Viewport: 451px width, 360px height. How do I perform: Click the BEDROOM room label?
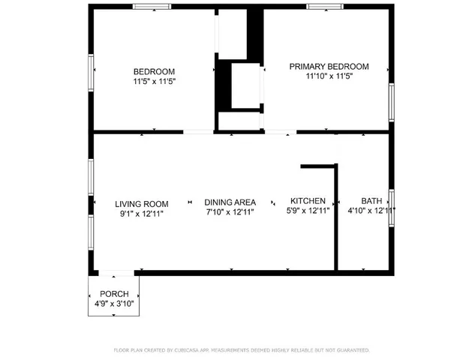154,71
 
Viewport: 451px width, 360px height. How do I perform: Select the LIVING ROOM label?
141,203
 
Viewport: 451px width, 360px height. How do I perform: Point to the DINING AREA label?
230,202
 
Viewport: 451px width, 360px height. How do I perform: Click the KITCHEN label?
308,201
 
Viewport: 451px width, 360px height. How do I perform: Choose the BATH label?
371,201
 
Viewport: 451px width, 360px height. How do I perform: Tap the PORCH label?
113,293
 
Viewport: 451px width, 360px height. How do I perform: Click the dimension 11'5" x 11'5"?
154,81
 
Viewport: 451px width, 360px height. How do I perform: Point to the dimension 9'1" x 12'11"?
141,213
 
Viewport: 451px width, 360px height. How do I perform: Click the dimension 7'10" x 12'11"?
230,212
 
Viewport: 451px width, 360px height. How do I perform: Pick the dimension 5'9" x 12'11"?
308,211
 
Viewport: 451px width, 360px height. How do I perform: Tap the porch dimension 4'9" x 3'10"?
113,303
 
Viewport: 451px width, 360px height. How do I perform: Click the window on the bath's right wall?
390,208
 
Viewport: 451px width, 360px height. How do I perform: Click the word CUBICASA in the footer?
194,350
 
